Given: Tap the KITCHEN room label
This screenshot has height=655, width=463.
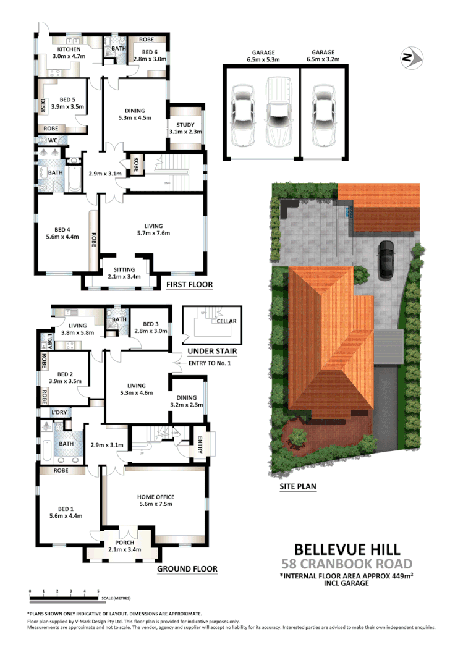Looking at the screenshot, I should tap(70, 50).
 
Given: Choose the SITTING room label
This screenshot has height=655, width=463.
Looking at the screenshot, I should tap(124, 270).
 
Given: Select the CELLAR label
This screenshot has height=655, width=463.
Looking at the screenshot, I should tap(226, 321).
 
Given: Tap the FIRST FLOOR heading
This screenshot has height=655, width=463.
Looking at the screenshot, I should tap(189, 285).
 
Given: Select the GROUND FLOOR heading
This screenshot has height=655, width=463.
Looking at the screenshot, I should tap(187, 568).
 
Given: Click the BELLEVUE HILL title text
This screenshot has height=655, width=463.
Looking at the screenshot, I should tap(346, 548).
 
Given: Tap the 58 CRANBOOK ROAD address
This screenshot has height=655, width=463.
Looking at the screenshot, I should tap(346, 564).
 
